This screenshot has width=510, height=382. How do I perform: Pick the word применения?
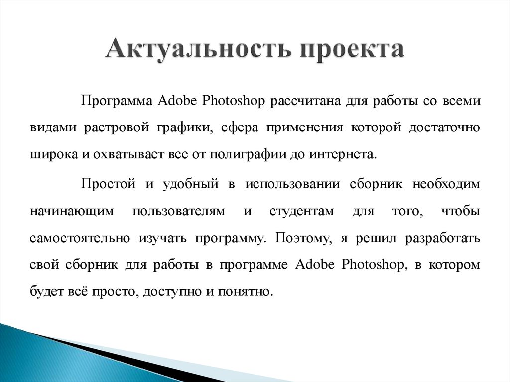click(x=304, y=127)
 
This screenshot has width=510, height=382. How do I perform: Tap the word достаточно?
click(x=445, y=127)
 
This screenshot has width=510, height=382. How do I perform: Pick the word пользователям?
click(x=176, y=211)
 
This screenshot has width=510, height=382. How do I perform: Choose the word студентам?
click(x=301, y=211)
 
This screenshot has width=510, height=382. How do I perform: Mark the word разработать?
click(x=443, y=238)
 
